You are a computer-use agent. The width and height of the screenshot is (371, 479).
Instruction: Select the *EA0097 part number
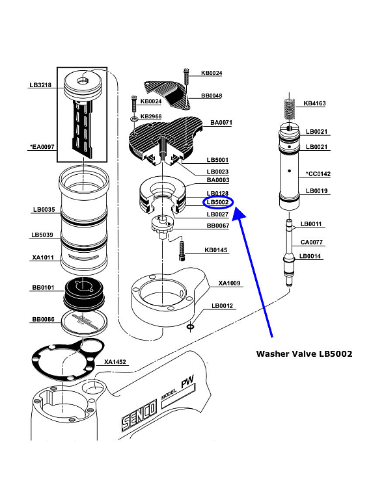pyautogui.click(x=42, y=148)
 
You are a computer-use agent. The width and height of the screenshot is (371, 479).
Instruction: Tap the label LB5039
pyautogui.click(x=42, y=235)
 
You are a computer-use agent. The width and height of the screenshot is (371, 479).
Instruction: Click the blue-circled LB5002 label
pyautogui.click(x=217, y=203)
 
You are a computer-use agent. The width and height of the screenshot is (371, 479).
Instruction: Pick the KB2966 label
pyautogui.click(x=151, y=116)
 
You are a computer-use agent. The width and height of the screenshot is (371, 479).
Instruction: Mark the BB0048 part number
pyautogui.click(x=212, y=96)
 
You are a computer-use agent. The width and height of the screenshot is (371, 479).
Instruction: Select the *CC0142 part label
pyautogui.click(x=318, y=174)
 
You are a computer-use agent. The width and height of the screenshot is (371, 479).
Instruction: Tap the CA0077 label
pyautogui.click(x=312, y=242)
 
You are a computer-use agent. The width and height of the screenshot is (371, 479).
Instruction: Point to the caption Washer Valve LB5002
pyautogui.click(x=304, y=354)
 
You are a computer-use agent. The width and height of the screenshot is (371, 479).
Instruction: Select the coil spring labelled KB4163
pyautogui.click(x=290, y=107)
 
